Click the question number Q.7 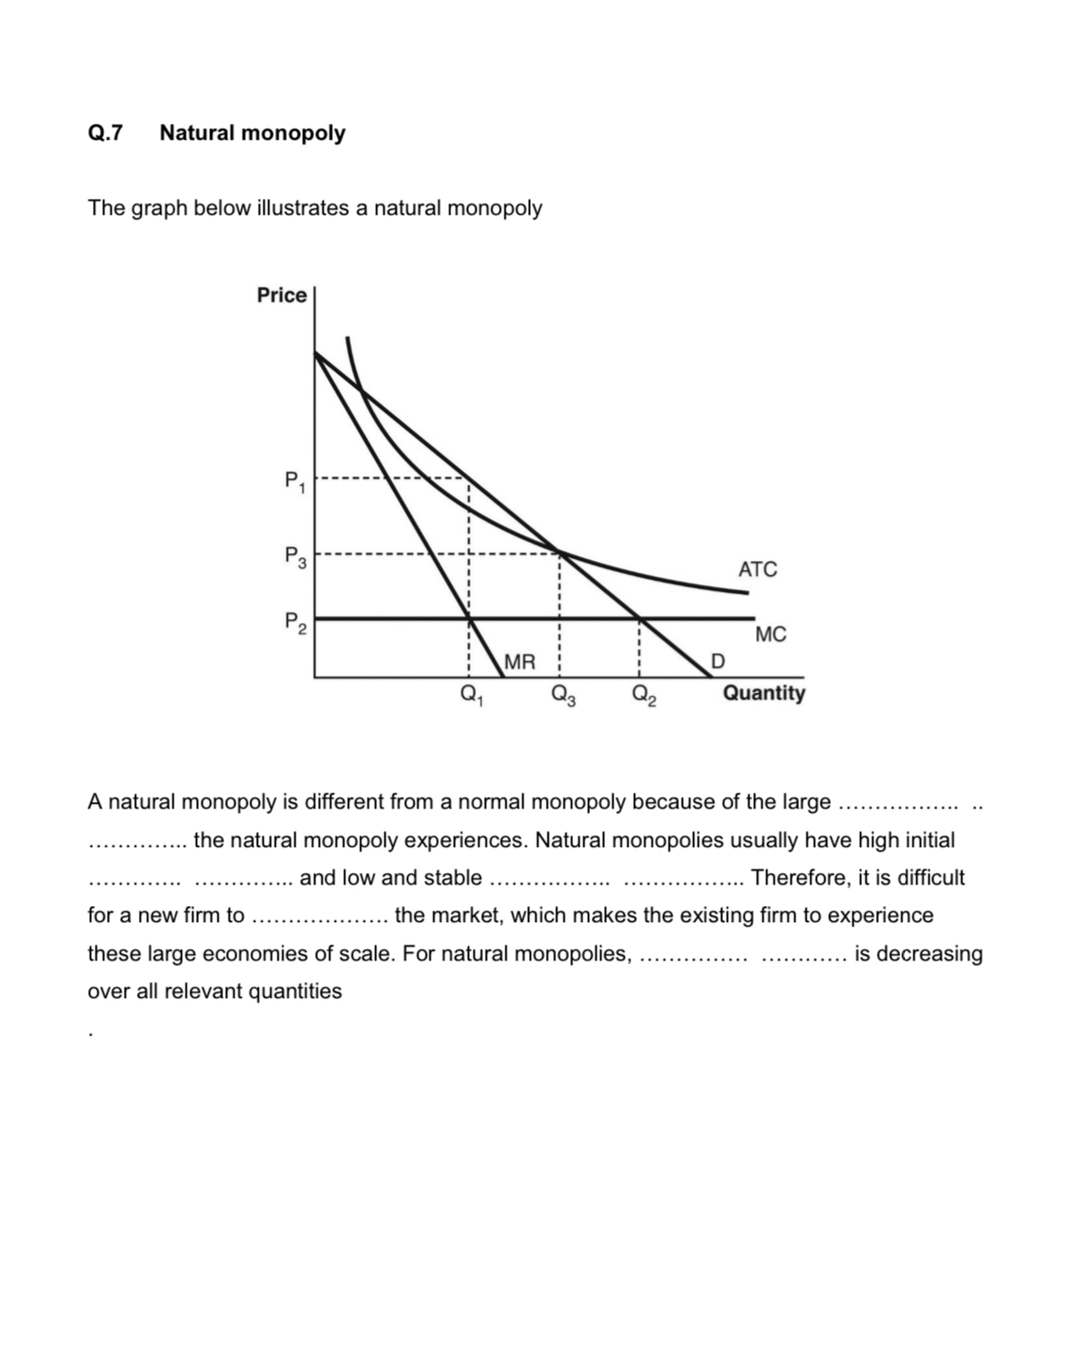point(105,133)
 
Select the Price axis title point(281,295)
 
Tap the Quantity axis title point(763,693)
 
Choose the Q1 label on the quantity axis point(469,695)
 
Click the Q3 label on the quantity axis point(563,695)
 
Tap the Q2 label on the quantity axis point(643,695)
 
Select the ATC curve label point(757,569)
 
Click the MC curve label point(770,635)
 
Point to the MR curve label point(520,662)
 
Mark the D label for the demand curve point(717,662)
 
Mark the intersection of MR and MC point(469,618)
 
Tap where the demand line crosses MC point(639,618)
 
